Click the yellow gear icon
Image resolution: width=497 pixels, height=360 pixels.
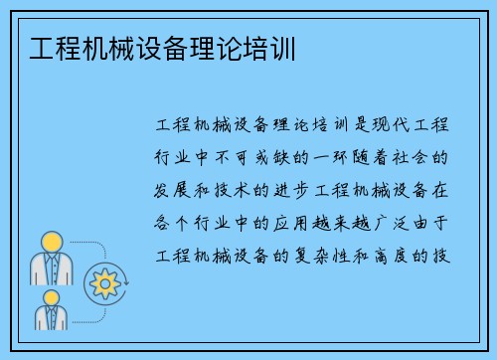click(x=104, y=283)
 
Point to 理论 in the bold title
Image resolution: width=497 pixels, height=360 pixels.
click(x=221, y=49)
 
